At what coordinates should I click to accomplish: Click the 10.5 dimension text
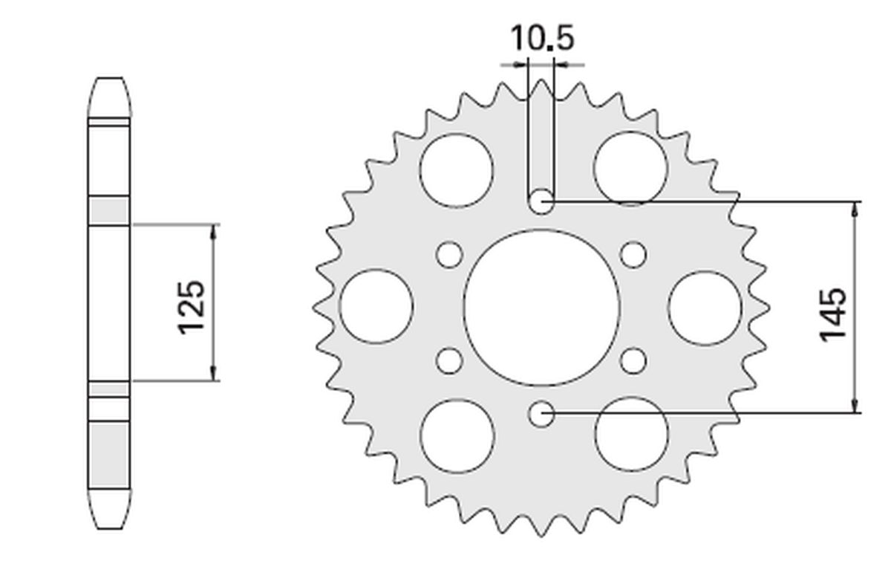tap(542, 39)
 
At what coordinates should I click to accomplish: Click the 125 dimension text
tap(191, 305)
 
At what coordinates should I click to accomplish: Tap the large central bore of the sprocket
tap(541, 308)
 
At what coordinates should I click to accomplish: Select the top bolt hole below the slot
tap(541, 201)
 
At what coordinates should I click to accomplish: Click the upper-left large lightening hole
tap(456, 169)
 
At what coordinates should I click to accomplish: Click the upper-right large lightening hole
tap(630, 169)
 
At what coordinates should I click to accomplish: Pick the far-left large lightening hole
tap(376, 307)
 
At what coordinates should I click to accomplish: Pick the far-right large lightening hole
tap(705, 308)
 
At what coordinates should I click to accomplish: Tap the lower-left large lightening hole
tap(457, 435)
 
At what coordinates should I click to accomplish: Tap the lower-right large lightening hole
tap(631, 433)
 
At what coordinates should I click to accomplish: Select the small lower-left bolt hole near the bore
tap(448, 361)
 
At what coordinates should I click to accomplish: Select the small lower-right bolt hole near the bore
tap(633, 361)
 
